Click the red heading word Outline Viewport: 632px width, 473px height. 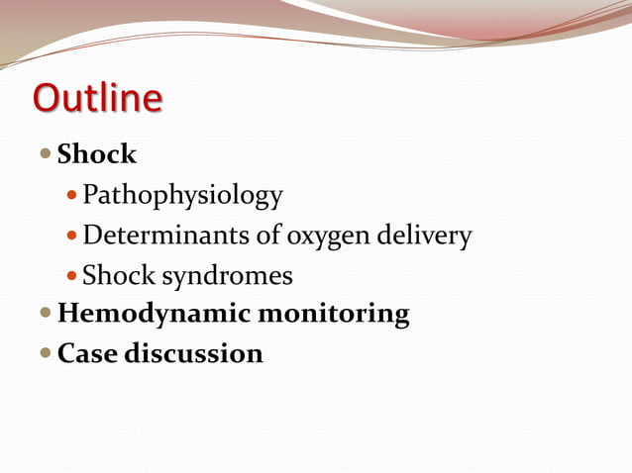97,98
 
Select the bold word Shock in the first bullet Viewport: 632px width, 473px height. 97,154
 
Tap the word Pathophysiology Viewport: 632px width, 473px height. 182,196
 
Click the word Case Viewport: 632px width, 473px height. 87,353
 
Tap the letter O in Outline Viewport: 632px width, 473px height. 46,98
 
